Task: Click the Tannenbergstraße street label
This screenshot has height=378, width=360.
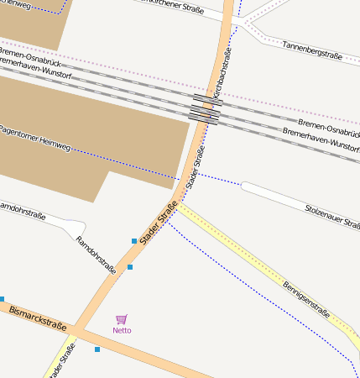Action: coord(312,50)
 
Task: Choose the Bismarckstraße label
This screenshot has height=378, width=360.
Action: coord(37,322)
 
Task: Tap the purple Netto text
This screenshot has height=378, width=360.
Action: coord(122,330)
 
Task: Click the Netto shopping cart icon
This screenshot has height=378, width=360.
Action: coord(122,319)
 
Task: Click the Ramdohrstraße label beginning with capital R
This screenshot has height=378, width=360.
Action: coord(96,255)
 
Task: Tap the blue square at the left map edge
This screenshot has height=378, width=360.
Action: coord(2,299)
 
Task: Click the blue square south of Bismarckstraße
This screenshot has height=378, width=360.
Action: coord(97,349)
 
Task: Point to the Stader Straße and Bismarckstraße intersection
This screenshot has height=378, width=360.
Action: coord(74,331)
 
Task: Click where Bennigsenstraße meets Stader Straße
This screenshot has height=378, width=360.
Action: coord(176,204)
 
